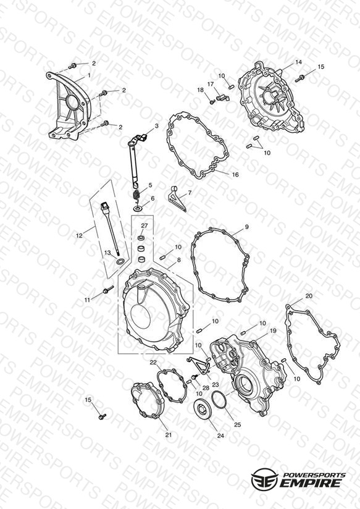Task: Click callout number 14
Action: click(298, 62)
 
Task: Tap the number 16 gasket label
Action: click(235, 175)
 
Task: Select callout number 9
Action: click(247, 227)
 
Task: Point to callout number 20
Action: click(309, 296)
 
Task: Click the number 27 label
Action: click(144, 225)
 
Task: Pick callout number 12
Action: click(79, 236)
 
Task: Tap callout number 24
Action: click(220, 436)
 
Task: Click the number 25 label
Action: click(237, 424)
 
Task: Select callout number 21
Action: click(168, 435)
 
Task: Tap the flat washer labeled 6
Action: click(138, 208)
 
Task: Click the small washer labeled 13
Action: click(120, 261)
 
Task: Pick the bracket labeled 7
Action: click(177, 198)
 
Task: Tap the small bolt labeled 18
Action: click(212, 101)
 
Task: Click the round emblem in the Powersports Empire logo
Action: click(264, 478)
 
